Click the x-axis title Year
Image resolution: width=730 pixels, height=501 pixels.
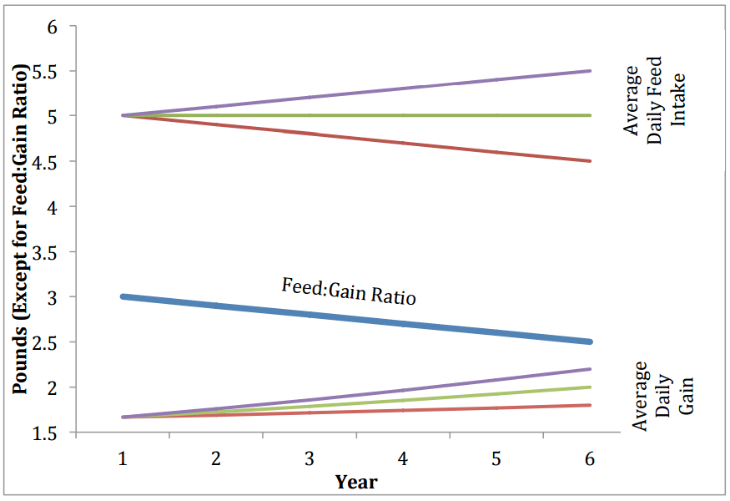(x=356, y=482)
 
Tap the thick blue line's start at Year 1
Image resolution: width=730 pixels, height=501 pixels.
(x=123, y=296)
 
